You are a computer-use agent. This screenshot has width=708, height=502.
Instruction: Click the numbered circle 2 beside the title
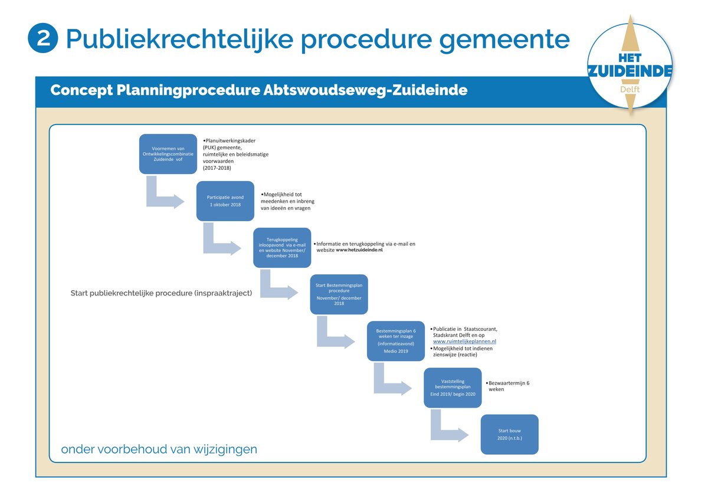coord(43,38)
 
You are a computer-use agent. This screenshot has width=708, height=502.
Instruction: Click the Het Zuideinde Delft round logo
coord(630,65)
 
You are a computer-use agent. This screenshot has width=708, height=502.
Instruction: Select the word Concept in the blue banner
coord(81,90)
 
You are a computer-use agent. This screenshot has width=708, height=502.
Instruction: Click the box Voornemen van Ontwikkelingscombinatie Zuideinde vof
coord(168,154)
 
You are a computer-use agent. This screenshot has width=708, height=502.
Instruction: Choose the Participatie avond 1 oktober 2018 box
coord(225,201)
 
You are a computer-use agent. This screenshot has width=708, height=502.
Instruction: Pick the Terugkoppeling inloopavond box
coord(282,248)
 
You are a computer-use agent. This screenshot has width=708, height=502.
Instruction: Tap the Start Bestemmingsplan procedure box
coord(339,294)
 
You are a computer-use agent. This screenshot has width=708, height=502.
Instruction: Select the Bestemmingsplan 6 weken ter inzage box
coord(396,341)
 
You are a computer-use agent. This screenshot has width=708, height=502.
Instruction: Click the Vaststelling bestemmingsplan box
coord(453,388)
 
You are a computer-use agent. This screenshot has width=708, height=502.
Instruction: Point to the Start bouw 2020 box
coord(510,435)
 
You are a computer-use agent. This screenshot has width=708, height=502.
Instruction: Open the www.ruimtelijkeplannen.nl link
coord(465,342)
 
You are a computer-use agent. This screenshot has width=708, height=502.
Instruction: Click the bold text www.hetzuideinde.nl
coord(359,250)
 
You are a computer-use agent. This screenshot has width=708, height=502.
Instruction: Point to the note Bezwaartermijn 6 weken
coord(507,386)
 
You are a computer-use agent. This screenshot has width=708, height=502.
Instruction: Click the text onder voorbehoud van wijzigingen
coord(159,449)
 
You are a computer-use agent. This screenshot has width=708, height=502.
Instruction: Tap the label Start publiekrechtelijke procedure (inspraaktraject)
coord(161,293)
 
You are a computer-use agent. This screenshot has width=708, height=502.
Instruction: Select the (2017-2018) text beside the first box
coord(217,168)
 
